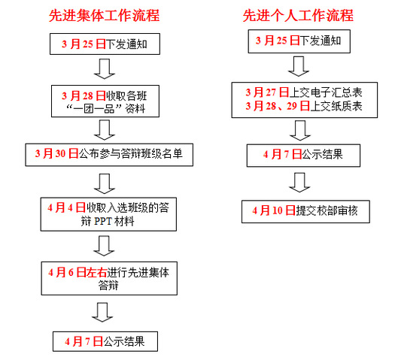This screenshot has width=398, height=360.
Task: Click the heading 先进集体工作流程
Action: coord(104,16)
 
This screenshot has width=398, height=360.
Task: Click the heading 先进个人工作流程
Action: coord(298,16)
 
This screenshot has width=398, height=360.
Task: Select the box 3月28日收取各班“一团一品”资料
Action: coord(105,101)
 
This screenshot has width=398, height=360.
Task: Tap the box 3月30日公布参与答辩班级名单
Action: coord(109,155)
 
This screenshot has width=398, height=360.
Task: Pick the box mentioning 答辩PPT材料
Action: coord(108,214)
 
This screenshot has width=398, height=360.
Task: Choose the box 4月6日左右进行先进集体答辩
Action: coord(109,278)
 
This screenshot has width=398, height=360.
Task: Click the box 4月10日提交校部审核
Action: coord(305,212)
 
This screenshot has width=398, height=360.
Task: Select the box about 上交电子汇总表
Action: coord(305,100)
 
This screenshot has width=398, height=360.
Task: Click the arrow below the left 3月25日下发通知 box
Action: coord(105,69)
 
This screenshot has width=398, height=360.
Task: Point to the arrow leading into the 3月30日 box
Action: coord(105,130)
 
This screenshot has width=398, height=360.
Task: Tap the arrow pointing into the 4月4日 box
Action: coord(105,184)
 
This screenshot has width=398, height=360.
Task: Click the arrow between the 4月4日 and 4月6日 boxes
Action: coord(104,246)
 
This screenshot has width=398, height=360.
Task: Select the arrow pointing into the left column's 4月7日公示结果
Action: coord(102,312)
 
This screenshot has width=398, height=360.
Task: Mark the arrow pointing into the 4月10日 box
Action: coord(299,183)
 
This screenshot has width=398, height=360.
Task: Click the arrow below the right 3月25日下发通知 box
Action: coord(299,66)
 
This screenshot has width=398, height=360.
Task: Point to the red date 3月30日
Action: coord(57,153)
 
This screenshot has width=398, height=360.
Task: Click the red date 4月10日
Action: coord(274,210)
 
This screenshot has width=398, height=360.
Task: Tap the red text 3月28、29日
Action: coord(278,106)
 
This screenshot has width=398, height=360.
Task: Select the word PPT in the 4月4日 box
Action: coord(103,221)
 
